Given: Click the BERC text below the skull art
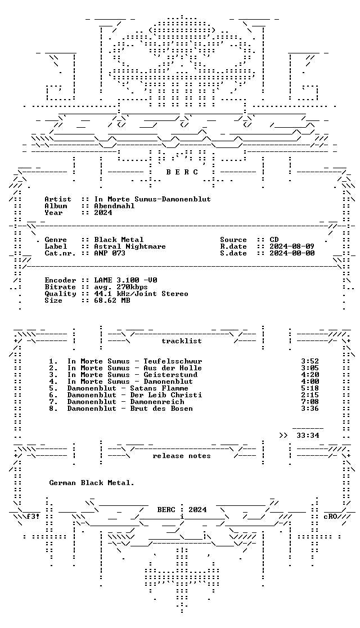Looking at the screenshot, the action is (x=182, y=172).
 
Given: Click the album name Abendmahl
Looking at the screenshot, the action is (x=114, y=206).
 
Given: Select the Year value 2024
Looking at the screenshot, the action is (x=103, y=213).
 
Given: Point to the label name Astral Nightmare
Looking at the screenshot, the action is (x=130, y=246).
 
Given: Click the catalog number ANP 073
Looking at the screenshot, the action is (x=110, y=253).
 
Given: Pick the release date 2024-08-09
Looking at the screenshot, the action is (x=292, y=246).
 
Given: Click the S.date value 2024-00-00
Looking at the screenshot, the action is (x=292, y=253).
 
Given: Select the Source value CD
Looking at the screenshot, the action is (x=274, y=240).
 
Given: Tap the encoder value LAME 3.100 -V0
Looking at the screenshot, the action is (x=125, y=280).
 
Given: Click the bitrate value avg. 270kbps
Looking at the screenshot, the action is (x=121, y=287).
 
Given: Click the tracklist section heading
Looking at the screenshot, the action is (x=181, y=341).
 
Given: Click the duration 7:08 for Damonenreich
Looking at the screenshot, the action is (x=310, y=402).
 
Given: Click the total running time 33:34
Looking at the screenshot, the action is (x=308, y=436).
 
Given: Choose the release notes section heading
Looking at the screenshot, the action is (x=181, y=456).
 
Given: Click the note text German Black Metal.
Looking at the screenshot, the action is (x=92, y=483).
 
